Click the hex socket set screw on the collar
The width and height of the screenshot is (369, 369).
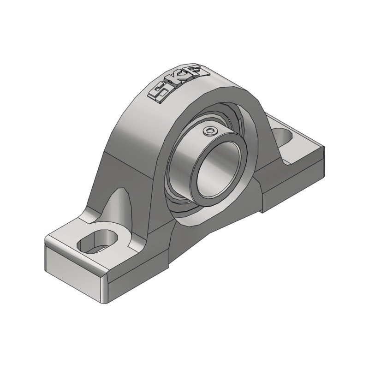click(x=210, y=132)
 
